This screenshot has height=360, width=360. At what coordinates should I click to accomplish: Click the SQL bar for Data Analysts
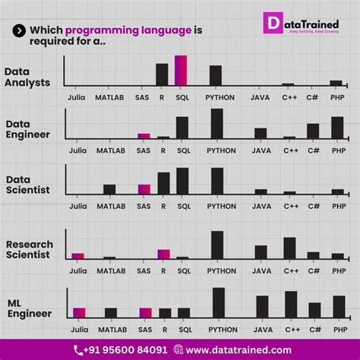click(x=181, y=70)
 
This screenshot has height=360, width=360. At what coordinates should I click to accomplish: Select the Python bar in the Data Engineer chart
click(x=216, y=123)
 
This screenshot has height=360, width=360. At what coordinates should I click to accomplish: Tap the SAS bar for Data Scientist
click(x=144, y=189)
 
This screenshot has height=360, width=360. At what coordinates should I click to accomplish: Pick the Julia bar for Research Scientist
click(x=77, y=256)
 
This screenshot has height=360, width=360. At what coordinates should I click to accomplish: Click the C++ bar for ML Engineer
click(x=291, y=304)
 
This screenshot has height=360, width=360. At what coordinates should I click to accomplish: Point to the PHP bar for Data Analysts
click(x=336, y=82)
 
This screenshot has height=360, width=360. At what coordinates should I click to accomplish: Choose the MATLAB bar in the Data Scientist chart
click(x=109, y=189)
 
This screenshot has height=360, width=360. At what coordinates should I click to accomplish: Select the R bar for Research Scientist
click(x=163, y=254)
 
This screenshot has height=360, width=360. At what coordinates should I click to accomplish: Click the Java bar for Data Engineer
click(x=261, y=133)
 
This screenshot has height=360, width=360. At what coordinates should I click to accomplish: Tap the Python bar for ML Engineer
click(x=219, y=302)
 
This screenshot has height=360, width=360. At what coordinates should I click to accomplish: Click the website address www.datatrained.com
click(x=238, y=349)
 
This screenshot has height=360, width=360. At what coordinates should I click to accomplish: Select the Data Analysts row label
click(x=27, y=77)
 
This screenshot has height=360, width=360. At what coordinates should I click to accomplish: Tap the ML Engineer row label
click(x=29, y=308)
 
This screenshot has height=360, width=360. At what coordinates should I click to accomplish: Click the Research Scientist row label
click(x=30, y=249)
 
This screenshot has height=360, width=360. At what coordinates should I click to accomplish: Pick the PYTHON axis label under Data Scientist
click(x=221, y=206)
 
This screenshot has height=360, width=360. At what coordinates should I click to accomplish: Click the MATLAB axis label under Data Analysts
click(x=110, y=97)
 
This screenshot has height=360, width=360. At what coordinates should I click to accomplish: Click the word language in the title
click(x=163, y=30)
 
